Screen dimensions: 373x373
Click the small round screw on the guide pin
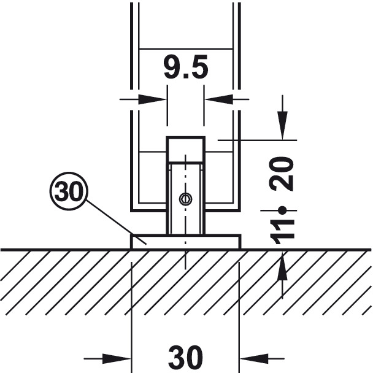click(185, 198)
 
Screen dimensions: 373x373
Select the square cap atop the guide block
click(185, 148)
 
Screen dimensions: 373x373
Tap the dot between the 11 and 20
click(283, 210)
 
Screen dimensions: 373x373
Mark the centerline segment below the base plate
click(185, 261)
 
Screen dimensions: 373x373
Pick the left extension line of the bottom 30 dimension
click(131, 307)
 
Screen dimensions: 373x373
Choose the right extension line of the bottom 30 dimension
click(239, 307)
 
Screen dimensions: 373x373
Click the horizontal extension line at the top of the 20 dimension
click(258, 140)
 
